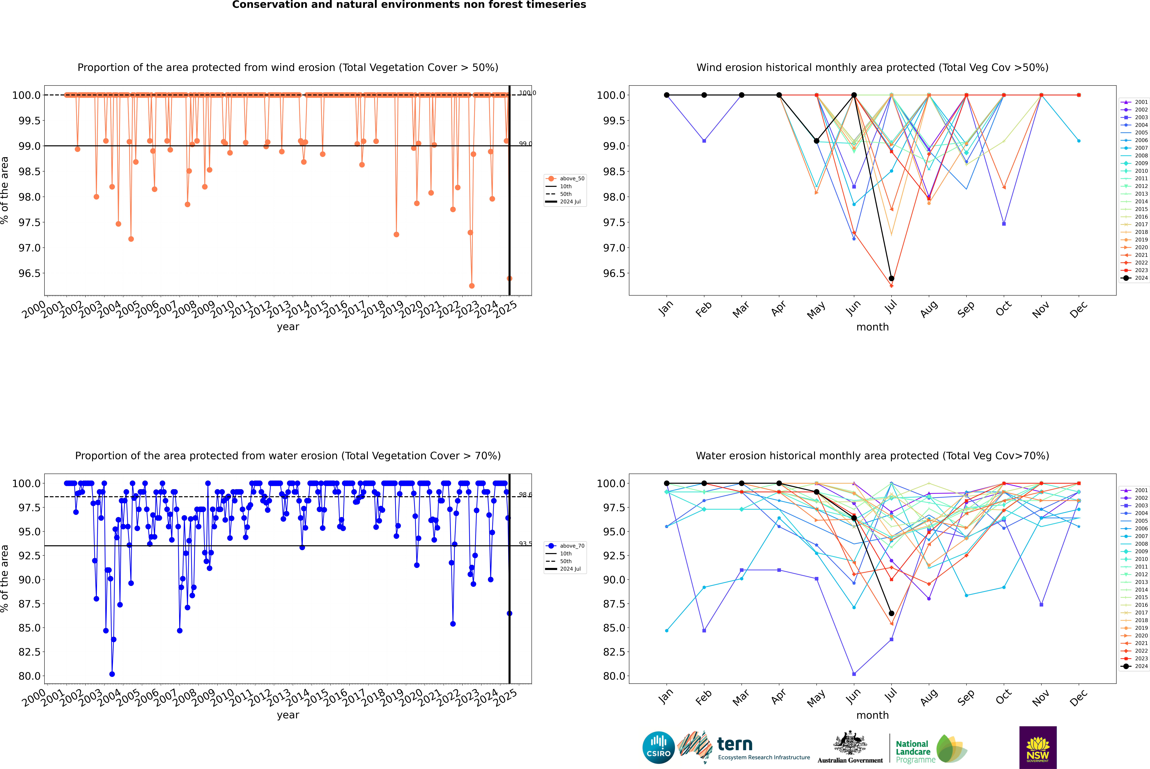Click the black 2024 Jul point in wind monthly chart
pyautogui.click(x=891, y=279)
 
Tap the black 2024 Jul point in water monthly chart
pyautogui.click(x=891, y=614)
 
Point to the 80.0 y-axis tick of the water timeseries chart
pyautogui.click(x=29, y=676)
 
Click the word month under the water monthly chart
pyautogui.click(x=872, y=715)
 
